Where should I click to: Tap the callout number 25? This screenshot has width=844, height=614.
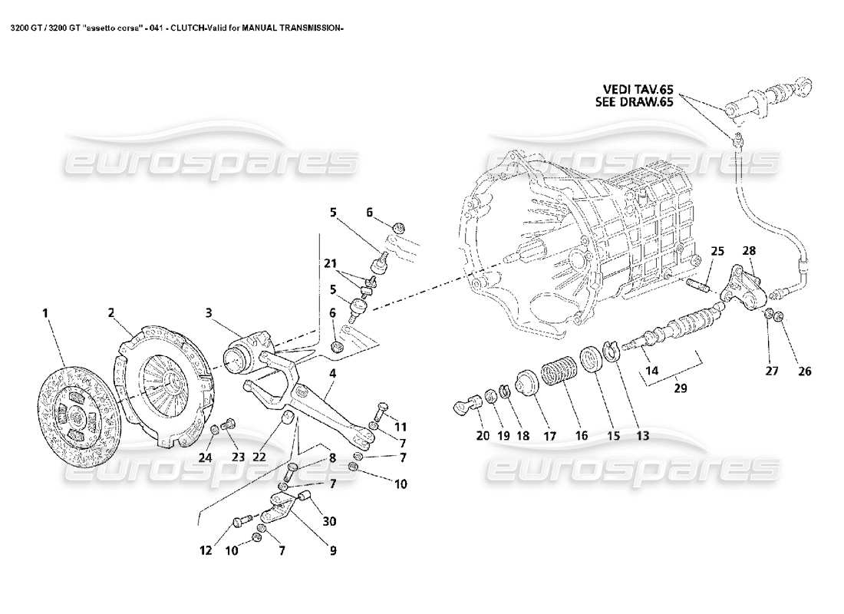point(717,251)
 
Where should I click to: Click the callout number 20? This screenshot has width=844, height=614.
point(482,435)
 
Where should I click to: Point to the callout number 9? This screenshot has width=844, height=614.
point(331,550)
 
